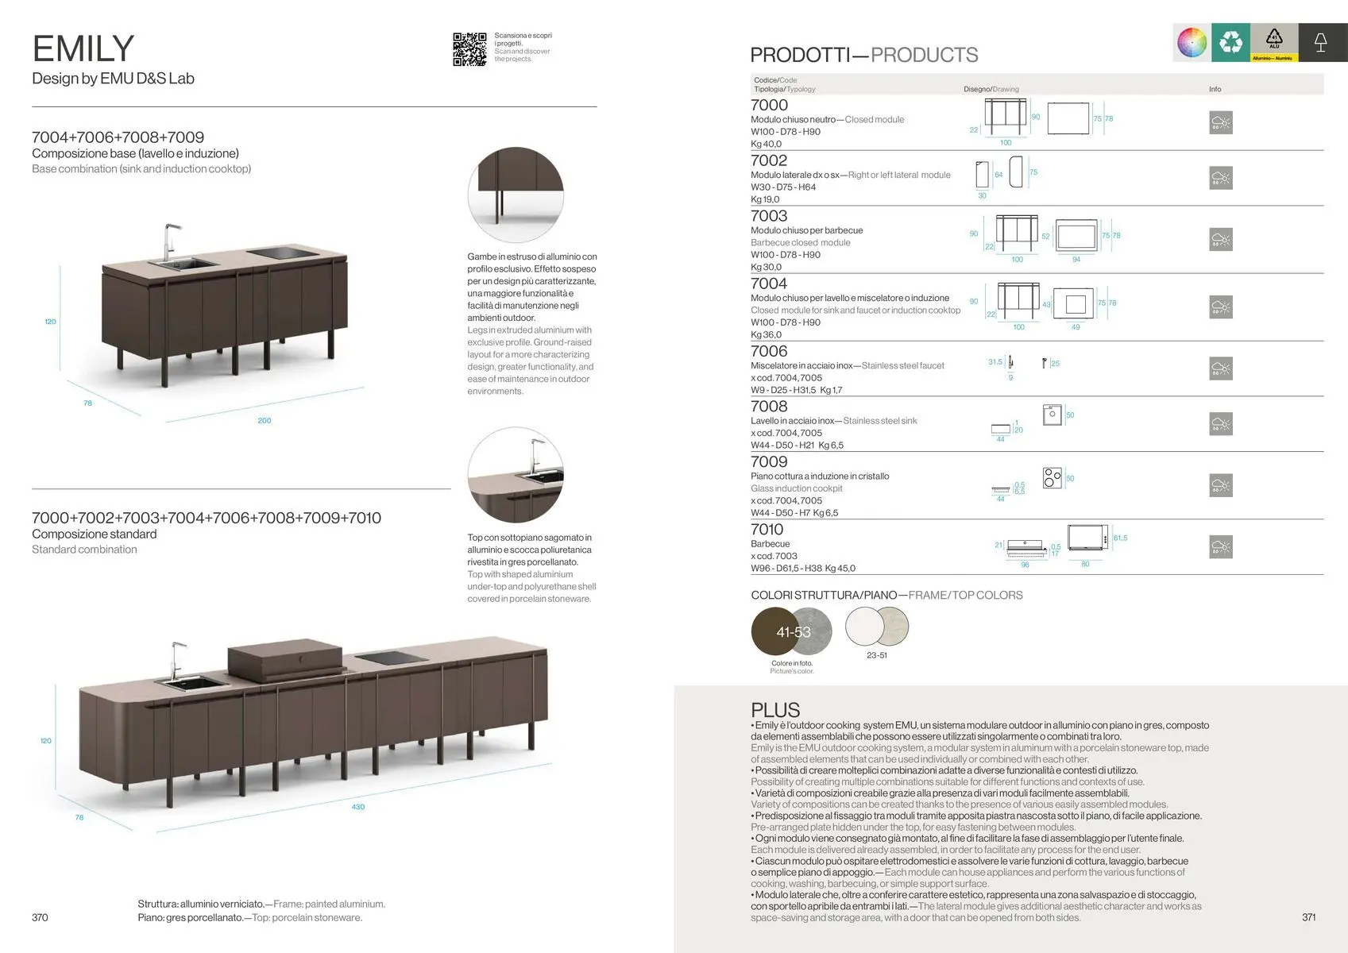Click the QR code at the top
tap(469, 49)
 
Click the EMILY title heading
tap(83, 48)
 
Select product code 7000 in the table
tap(769, 105)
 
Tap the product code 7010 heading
tap(767, 529)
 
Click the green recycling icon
tap(1230, 42)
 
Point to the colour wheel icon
tap(1192, 42)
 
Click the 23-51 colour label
tap(877, 655)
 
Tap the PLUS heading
tap(775, 709)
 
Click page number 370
tap(40, 917)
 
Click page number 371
tap(1308, 917)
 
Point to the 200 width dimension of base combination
tap(265, 420)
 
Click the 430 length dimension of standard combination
tap(358, 807)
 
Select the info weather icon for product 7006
tap(1220, 368)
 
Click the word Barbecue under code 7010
tap(770, 544)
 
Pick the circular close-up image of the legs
tap(516, 195)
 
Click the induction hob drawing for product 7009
tap(1052, 477)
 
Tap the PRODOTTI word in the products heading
tap(799, 55)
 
